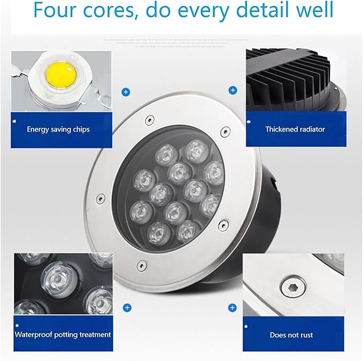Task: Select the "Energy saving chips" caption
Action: coord(58,129)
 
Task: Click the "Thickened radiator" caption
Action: coord(295,129)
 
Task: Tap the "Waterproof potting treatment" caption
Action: coord(63,335)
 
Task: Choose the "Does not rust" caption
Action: coord(291,335)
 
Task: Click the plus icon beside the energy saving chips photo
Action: coord(126,92)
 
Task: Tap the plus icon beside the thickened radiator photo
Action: coord(233,90)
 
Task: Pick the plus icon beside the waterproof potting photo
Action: coord(127,308)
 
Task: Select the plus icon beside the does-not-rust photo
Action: coord(232,308)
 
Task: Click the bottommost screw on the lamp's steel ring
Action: coord(141,264)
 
